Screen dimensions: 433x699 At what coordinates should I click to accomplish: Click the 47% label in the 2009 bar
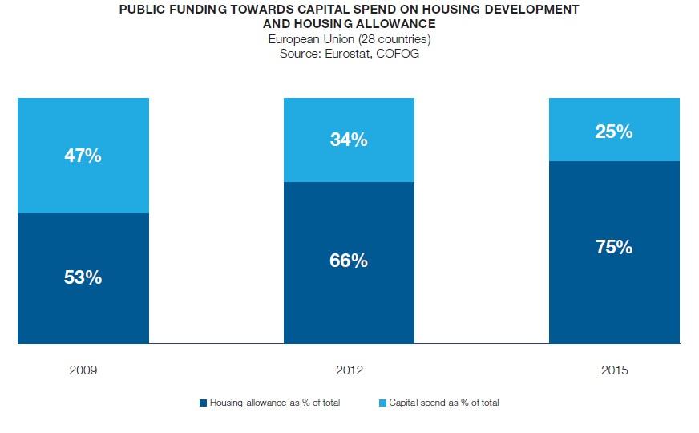[83, 156]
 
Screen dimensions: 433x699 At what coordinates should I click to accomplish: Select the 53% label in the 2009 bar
[83, 277]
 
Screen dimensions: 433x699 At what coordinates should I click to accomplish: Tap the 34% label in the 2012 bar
[349, 140]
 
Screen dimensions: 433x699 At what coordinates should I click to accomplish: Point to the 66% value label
[349, 261]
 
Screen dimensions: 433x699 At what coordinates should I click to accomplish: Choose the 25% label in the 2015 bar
[614, 132]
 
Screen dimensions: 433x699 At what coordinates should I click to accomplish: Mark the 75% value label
[614, 247]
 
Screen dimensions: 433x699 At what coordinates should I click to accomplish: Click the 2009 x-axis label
[83, 370]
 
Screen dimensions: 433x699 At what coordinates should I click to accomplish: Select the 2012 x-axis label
[349, 370]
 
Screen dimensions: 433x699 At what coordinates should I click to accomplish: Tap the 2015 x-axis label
[614, 370]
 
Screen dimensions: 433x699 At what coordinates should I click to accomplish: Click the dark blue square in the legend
[204, 403]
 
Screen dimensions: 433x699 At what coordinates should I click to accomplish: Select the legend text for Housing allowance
[274, 403]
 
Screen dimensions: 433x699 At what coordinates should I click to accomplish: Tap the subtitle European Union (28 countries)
[349, 39]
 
